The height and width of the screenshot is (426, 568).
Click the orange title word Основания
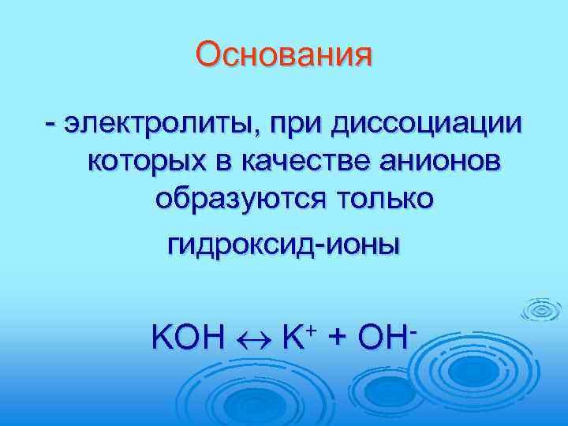[x=284, y=56]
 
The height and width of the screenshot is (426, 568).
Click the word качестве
[x=307, y=161]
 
